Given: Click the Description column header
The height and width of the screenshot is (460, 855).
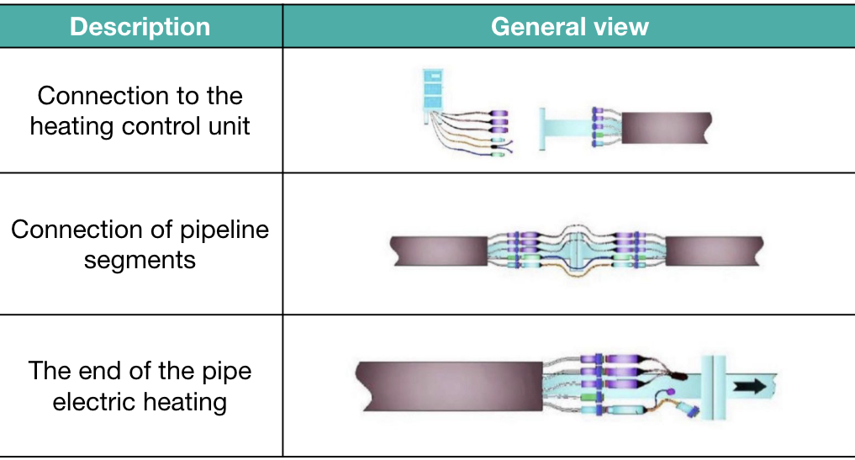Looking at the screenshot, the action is click(x=140, y=27).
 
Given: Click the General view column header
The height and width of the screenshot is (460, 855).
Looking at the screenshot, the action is click(x=570, y=27).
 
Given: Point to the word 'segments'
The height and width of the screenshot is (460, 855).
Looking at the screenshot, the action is click(x=140, y=261).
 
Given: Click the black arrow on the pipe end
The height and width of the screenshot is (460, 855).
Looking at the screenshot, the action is click(x=750, y=386).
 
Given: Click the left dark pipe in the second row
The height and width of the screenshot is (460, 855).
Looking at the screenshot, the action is click(x=439, y=251).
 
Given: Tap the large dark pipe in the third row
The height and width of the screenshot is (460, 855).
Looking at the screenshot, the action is click(x=449, y=386).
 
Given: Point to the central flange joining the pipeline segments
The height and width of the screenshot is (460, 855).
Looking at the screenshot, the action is click(x=577, y=251).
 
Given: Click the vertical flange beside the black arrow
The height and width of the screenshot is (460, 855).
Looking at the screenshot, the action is click(x=713, y=387).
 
